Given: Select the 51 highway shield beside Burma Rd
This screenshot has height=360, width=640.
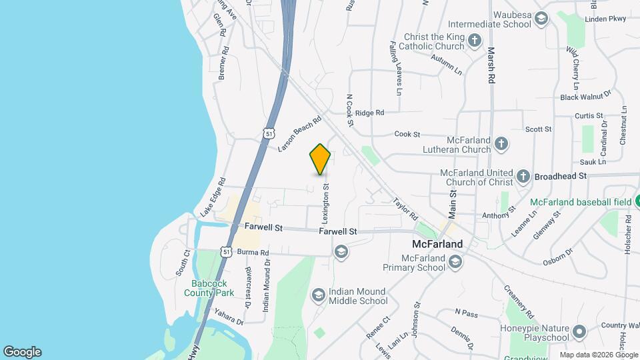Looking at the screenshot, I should pos(227,252).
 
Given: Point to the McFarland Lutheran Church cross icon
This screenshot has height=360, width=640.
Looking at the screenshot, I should pos(501,143).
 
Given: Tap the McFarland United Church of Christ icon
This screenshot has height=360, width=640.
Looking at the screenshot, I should pos(525,177).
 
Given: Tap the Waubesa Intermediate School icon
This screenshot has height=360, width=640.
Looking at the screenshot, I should pos(541,18).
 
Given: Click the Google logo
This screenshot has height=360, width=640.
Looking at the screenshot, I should pos(22,352).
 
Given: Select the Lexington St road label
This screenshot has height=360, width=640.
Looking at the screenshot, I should pos(326,204).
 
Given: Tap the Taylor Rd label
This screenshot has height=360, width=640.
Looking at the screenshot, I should pos(405,207).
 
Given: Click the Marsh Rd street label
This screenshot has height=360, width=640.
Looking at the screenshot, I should pos(491,65).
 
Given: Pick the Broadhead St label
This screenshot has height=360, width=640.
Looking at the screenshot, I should pos(560,176).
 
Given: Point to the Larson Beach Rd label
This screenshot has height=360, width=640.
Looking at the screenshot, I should pos(299,132).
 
